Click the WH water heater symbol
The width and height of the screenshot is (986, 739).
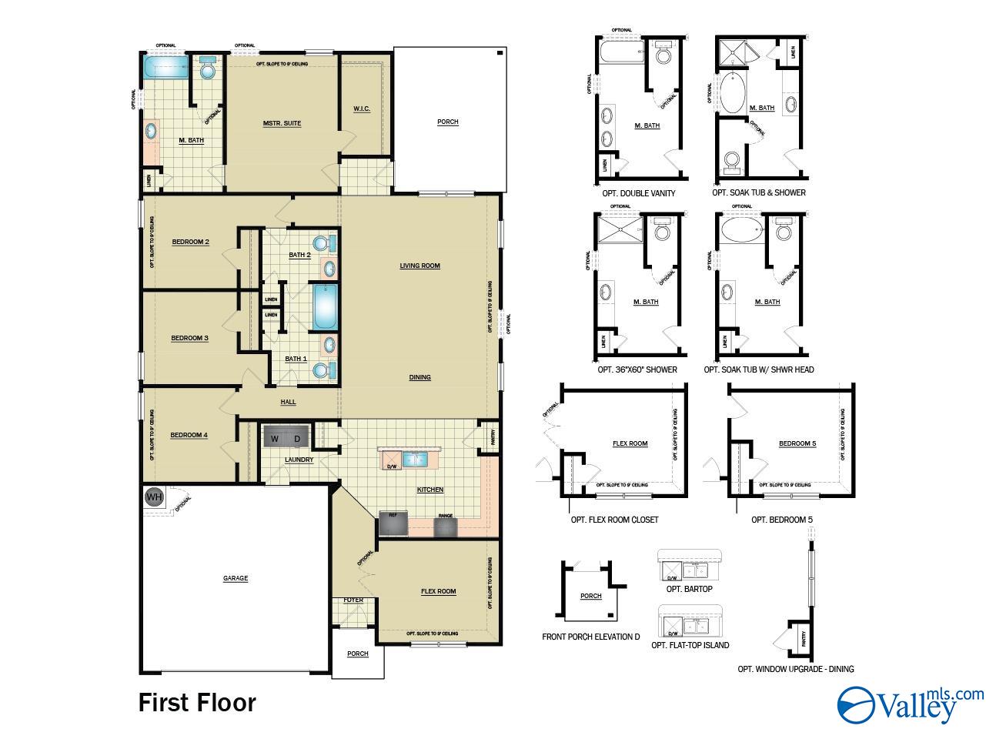point(155,497)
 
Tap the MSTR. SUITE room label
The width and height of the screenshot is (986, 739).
point(282,123)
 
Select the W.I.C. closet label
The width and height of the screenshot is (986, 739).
point(362,109)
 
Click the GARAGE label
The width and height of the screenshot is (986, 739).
point(236,578)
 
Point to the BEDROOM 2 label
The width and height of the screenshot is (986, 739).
point(190,242)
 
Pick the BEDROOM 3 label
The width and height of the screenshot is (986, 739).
point(189,338)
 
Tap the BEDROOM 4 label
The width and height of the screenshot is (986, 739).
point(189,435)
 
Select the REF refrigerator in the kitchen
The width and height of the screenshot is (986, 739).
point(393,523)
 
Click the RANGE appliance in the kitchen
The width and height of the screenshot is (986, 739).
point(445,526)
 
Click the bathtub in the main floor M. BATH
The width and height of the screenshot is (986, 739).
point(164,67)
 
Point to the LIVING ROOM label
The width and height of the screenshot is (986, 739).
point(419,266)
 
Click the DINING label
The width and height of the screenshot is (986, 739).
point(419,377)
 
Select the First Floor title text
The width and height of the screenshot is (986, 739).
point(197,702)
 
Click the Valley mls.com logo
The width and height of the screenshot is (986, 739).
point(910,703)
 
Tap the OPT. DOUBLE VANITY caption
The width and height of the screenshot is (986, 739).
point(637,193)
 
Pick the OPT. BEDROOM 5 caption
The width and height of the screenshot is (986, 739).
point(782,520)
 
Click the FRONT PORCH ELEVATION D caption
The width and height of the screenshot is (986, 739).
point(591,637)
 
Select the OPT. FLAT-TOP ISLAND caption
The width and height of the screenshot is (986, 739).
point(690,645)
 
